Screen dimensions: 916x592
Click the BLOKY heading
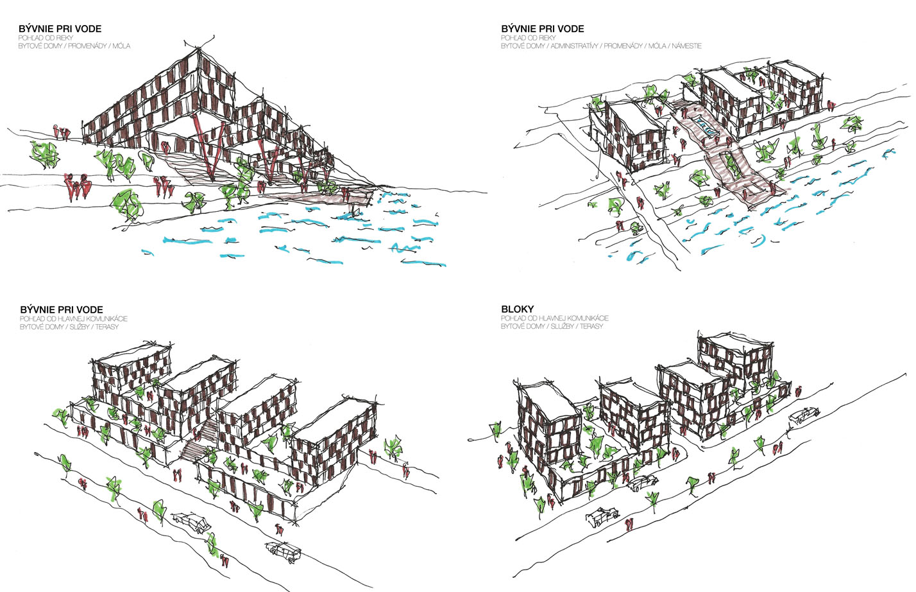tap(517, 309)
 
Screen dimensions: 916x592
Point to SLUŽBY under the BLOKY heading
tap(562, 327)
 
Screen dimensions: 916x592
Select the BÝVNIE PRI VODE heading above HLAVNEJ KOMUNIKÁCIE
tap(61, 309)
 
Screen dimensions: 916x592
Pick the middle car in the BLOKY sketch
tap(643, 482)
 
